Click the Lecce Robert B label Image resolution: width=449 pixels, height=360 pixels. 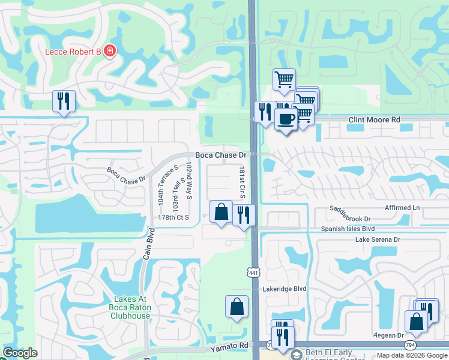coord(73,51)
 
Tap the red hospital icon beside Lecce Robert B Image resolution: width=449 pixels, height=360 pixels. coord(110,51)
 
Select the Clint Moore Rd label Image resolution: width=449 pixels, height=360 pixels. coord(374,120)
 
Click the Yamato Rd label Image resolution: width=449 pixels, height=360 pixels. coord(229,346)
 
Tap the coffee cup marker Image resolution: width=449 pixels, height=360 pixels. coord(286,118)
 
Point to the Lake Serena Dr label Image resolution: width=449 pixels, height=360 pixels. coord(378,239)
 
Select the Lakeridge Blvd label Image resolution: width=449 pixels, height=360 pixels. coord(285,289)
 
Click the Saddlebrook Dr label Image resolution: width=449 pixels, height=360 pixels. coord(351,218)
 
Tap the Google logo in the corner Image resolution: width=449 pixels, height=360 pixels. coord(20,353)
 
